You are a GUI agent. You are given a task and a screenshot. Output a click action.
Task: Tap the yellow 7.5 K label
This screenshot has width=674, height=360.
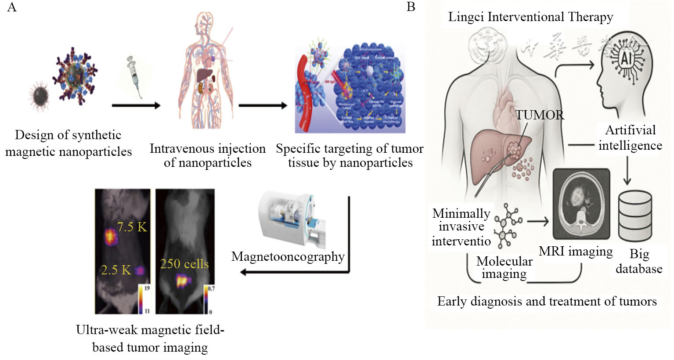(132, 227)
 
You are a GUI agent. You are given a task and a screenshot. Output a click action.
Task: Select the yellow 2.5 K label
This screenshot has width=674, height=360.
(116, 270)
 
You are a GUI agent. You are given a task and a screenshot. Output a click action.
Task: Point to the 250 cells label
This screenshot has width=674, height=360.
(184, 264)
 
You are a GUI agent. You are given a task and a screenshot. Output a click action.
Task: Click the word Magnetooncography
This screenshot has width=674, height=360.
(288, 256)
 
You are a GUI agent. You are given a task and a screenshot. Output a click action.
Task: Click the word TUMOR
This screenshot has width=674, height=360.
(540, 115)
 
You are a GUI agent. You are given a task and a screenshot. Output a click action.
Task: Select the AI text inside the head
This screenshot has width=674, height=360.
(625, 58)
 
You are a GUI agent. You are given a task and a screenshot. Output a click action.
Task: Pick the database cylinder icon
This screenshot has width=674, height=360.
(635, 216)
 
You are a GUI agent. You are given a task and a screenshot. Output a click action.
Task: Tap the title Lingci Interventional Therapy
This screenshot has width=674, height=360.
(530, 17)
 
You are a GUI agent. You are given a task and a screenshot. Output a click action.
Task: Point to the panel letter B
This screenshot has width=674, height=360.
(411, 7)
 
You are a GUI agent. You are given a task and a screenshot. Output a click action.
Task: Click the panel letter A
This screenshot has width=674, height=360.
(12, 7)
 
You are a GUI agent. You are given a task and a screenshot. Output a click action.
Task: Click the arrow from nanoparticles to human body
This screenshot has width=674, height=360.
(136, 105)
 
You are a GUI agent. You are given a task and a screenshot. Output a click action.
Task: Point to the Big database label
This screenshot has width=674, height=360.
(639, 261)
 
